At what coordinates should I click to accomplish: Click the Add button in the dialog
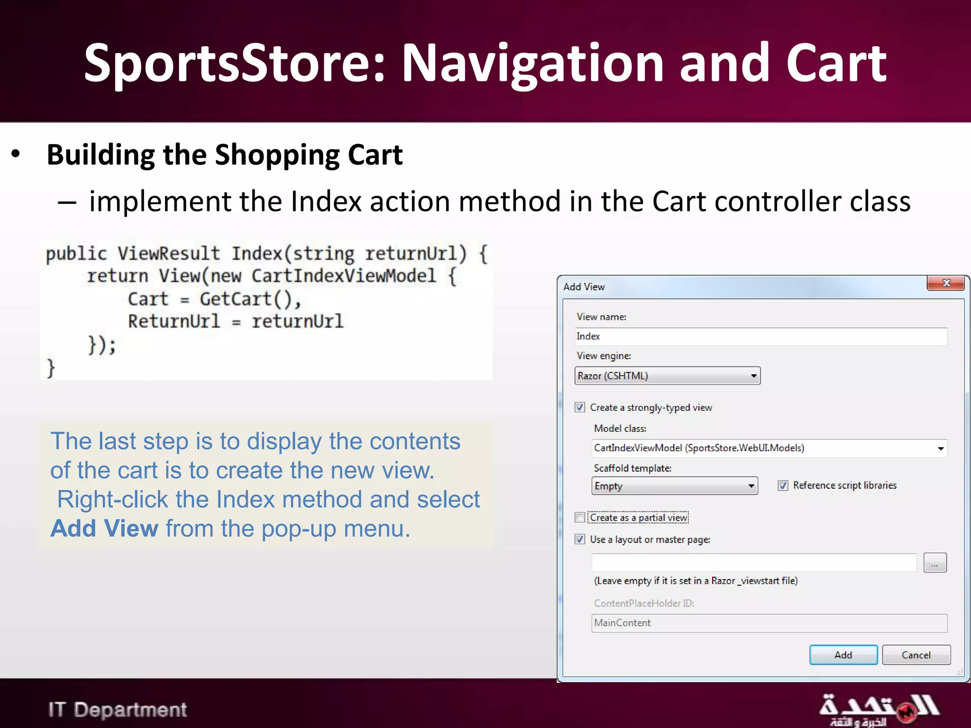pyautogui.click(x=843, y=655)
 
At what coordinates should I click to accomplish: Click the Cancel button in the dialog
pyautogui.click(x=916, y=655)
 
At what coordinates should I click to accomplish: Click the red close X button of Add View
pyautogui.click(x=946, y=283)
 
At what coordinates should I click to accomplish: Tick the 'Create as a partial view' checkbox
pyautogui.click(x=580, y=518)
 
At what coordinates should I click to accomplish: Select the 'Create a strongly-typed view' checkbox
pyautogui.click(x=580, y=408)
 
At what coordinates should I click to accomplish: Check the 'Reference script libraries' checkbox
pyautogui.click(x=783, y=485)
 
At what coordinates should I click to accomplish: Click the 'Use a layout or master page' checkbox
pyautogui.click(x=580, y=539)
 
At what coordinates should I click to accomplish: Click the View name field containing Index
pyautogui.click(x=760, y=337)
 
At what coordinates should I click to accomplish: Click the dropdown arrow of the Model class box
pyautogui.click(x=941, y=448)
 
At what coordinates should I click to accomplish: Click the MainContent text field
pyautogui.click(x=769, y=623)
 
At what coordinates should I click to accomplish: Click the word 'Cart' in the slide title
pyautogui.click(x=835, y=63)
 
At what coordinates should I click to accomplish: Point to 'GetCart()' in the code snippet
pyautogui.click(x=250, y=299)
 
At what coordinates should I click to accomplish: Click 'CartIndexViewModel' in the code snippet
pyautogui.click(x=343, y=276)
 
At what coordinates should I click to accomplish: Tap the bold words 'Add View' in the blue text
pyautogui.click(x=104, y=528)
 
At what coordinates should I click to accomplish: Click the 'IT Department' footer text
pyautogui.click(x=118, y=710)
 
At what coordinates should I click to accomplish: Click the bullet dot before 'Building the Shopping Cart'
pyautogui.click(x=16, y=154)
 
